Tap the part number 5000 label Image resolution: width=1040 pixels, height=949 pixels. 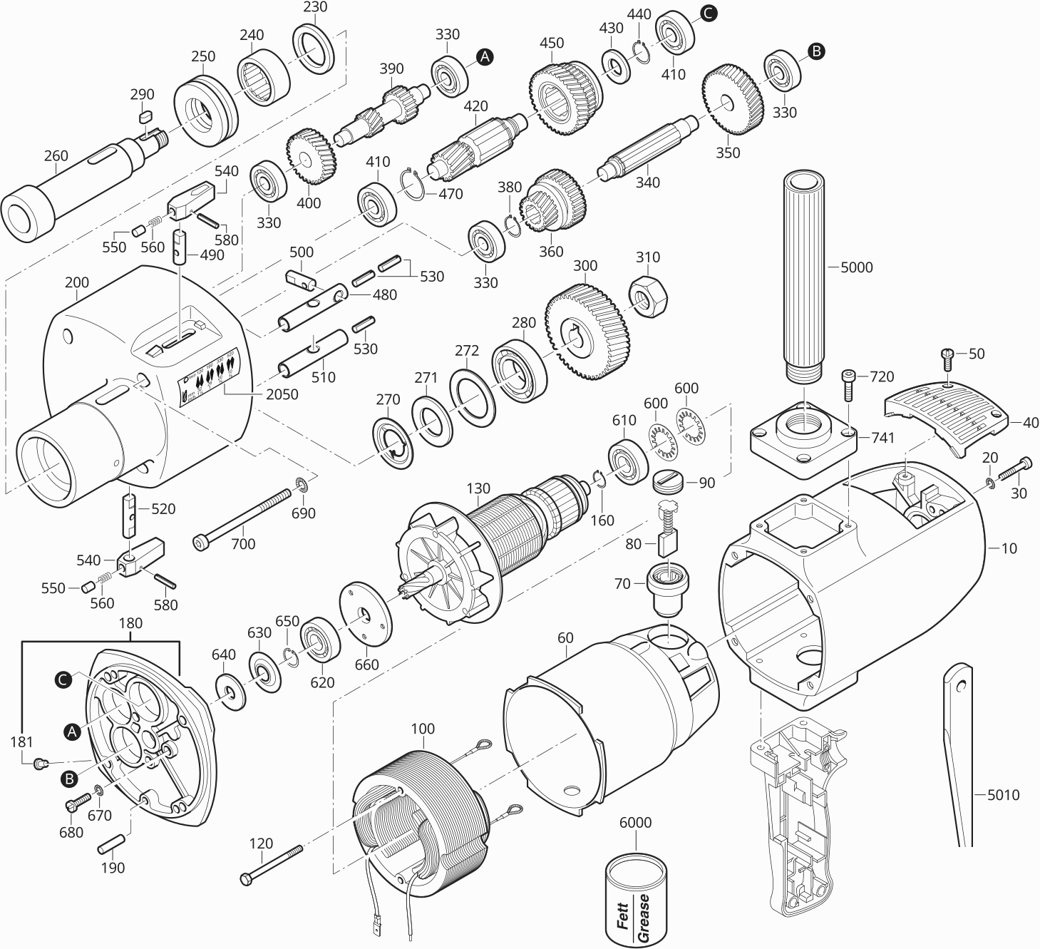point(856,267)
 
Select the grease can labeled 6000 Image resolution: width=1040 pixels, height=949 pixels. point(637,900)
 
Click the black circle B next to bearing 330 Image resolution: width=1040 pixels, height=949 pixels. point(817,51)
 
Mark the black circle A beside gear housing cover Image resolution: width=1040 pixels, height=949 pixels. point(70,730)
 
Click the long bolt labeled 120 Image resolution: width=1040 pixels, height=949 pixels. point(272,863)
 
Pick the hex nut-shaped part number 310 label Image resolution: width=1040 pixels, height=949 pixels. point(648,257)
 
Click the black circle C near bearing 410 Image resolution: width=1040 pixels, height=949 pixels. point(708,12)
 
